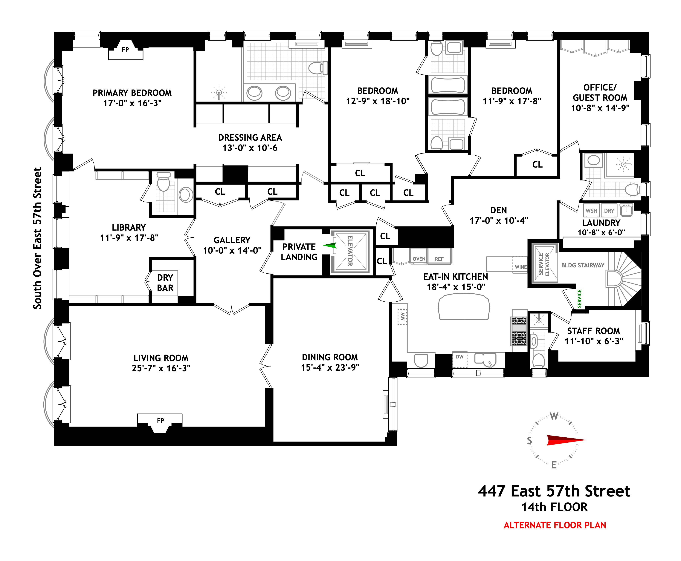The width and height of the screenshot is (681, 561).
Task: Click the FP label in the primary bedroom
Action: [125, 49]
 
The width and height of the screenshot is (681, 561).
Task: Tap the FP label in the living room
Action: [160, 420]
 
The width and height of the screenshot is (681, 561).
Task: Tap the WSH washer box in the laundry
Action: [591, 211]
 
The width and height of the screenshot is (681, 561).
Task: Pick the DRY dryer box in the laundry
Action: [609, 211]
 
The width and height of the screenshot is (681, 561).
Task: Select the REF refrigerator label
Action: [439, 259]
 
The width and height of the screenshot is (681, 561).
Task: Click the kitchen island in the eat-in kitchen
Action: [464, 308]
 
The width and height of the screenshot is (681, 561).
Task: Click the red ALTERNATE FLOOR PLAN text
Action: [555, 525]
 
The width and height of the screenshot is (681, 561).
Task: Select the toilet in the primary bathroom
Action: [318, 68]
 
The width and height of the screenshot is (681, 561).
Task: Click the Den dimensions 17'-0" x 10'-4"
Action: [499, 220]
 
